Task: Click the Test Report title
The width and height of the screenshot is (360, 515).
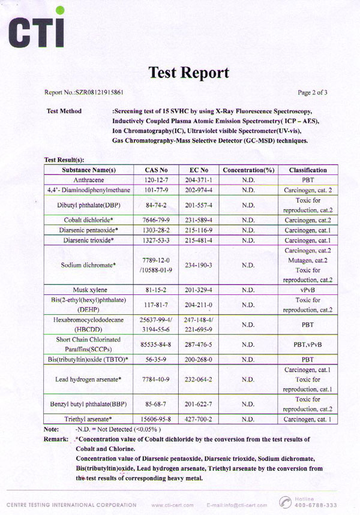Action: coord(188,73)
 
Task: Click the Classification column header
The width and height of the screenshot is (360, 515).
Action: coord(308,170)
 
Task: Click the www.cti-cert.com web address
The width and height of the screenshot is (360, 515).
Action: coord(174,505)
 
